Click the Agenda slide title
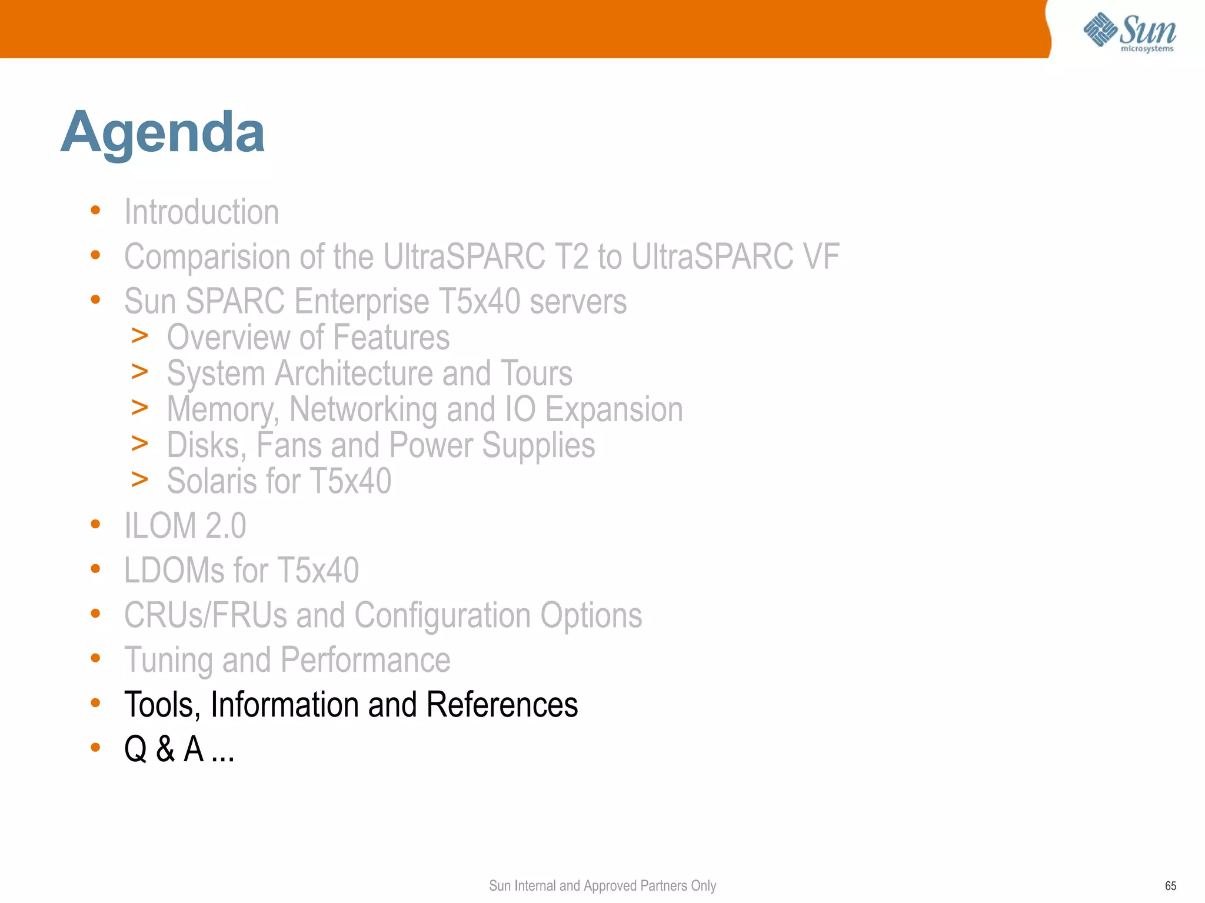tap(162, 133)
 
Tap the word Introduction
tap(201, 212)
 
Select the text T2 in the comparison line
tap(570, 257)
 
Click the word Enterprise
tap(362, 302)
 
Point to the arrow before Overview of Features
tap(139, 336)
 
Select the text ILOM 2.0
tap(185, 526)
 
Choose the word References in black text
tap(502, 705)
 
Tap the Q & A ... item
tap(179, 749)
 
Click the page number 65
tap(1170, 886)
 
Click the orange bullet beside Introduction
tap(95, 210)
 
